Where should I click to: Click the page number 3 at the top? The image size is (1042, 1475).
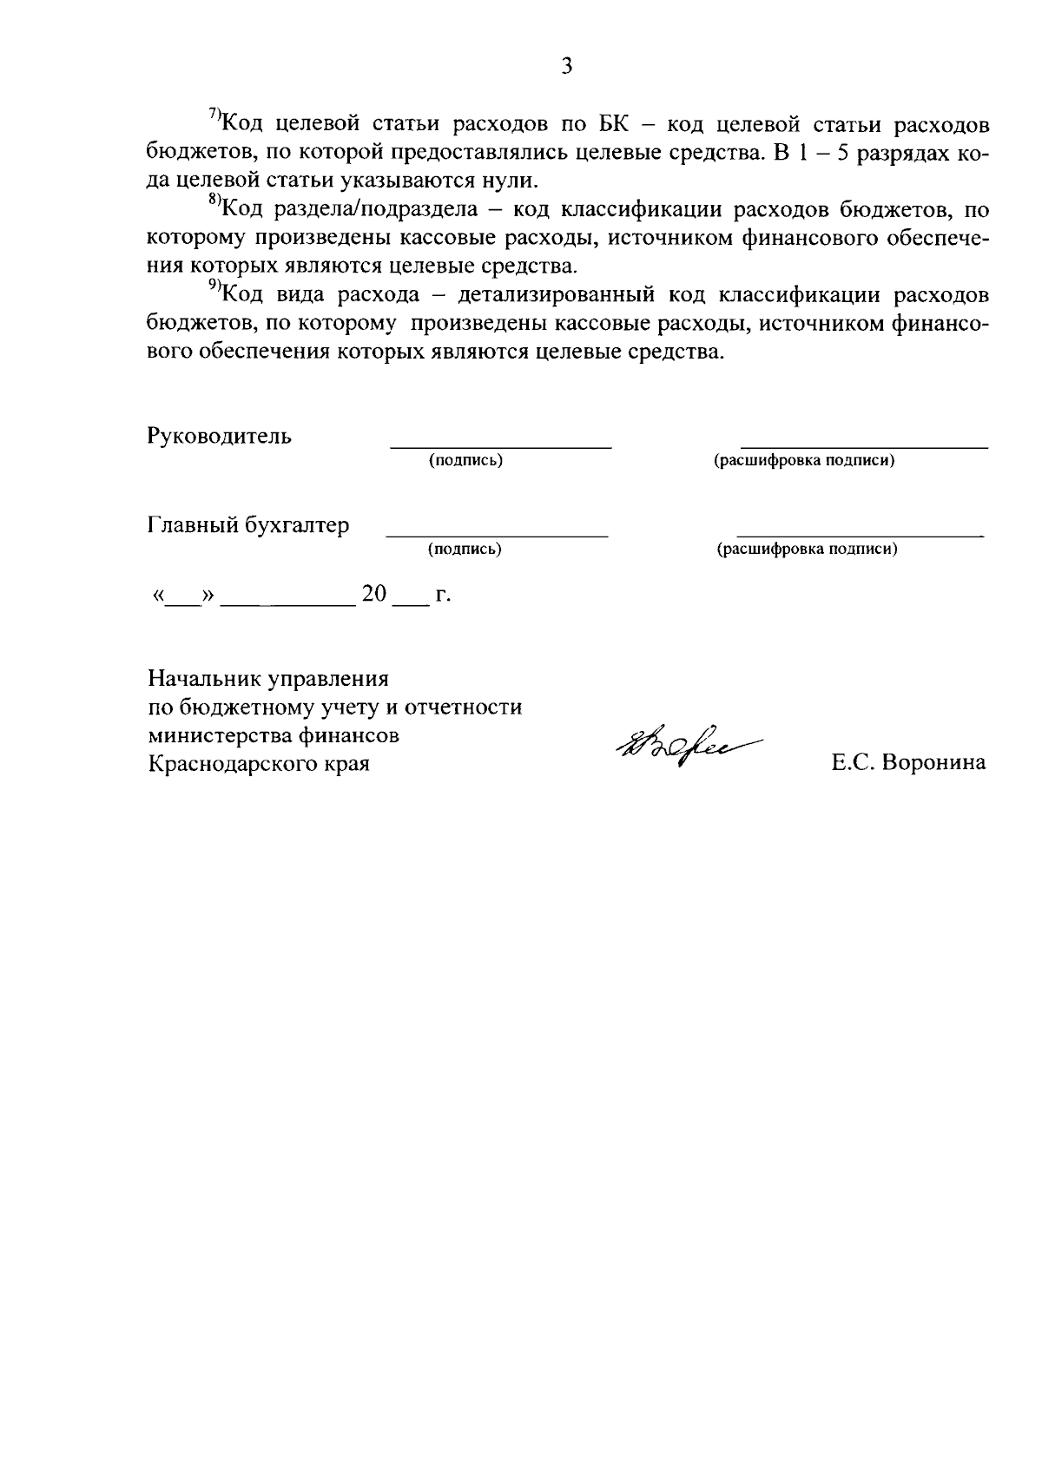[566, 67]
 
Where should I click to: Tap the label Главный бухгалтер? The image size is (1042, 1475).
[248, 525]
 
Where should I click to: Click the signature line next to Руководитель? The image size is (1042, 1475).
[501, 446]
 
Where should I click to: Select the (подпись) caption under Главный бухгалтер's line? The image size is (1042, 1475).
[465, 549]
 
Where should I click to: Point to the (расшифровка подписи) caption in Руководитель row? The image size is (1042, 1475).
[804, 460]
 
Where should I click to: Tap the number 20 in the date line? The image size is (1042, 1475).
[374, 595]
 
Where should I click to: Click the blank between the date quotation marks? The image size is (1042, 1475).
[182, 601]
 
